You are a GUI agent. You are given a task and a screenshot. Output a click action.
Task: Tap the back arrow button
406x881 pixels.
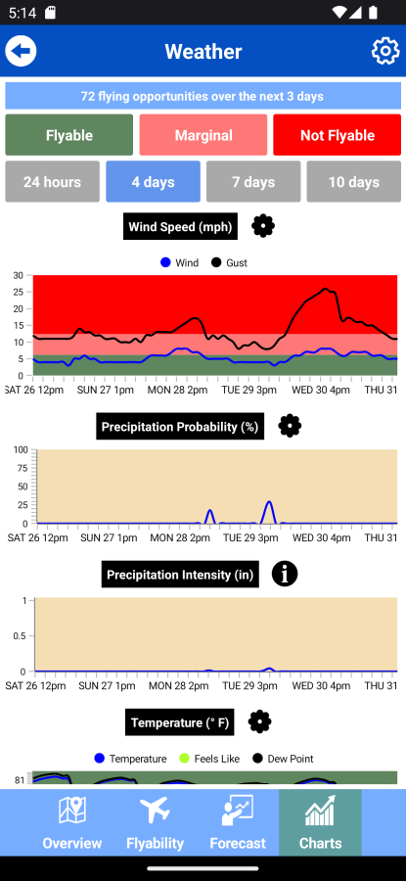click(21, 51)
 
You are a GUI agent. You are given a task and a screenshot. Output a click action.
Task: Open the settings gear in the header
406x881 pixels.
click(385, 51)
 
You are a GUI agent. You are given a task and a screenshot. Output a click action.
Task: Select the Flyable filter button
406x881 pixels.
click(69, 135)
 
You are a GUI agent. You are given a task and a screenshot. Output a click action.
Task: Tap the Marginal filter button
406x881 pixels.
click(203, 135)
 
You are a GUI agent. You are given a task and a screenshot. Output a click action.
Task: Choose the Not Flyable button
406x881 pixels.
click(337, 135)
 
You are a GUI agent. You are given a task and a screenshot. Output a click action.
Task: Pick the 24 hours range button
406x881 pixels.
click(52, 181)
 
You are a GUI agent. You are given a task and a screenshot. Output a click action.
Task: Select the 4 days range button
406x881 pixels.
click(153, 181)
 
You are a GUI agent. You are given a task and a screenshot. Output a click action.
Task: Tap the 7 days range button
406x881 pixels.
click(253, 181)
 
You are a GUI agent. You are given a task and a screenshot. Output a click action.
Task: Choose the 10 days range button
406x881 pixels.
click(354, 181)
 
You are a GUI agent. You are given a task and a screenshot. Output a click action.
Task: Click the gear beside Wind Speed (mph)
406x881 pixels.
click(263, 226)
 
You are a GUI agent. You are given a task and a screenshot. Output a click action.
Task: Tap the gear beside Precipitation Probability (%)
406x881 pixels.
click(290, 426)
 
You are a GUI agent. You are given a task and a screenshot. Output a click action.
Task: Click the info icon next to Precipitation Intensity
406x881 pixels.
click(285, 574)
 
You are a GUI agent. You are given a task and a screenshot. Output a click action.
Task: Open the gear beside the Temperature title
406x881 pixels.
click(259, 721)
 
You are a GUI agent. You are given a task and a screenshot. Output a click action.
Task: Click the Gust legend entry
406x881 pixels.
click(229, 262)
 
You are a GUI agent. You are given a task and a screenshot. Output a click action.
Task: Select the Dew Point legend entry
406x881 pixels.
click(283, 759)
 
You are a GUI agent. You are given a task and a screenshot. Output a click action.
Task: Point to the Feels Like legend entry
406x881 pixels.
click(209, 759)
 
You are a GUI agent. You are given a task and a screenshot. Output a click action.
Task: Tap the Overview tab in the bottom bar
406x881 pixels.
click(72, 822)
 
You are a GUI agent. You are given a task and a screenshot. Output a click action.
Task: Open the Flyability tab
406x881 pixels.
click(155, 822)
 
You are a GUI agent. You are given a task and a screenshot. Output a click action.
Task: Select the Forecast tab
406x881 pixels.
click(238, 822)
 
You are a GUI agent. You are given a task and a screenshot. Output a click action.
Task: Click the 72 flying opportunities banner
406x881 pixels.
click(203, 96)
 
